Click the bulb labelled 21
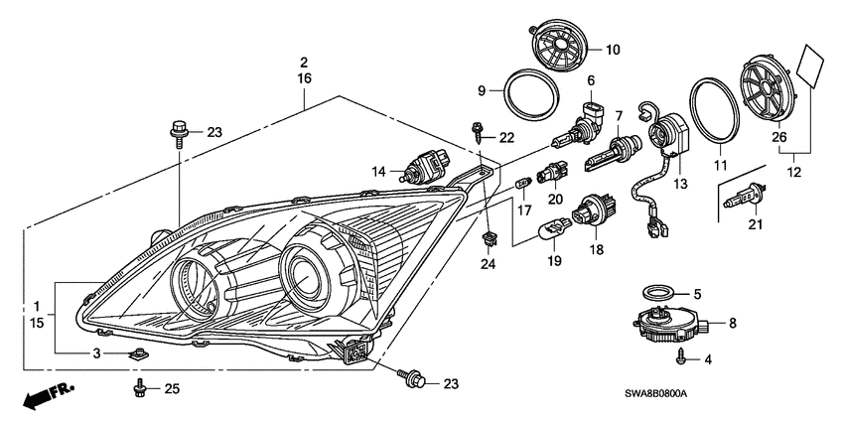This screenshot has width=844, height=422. [736, 206]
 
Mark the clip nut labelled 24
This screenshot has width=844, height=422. [489, 239]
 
